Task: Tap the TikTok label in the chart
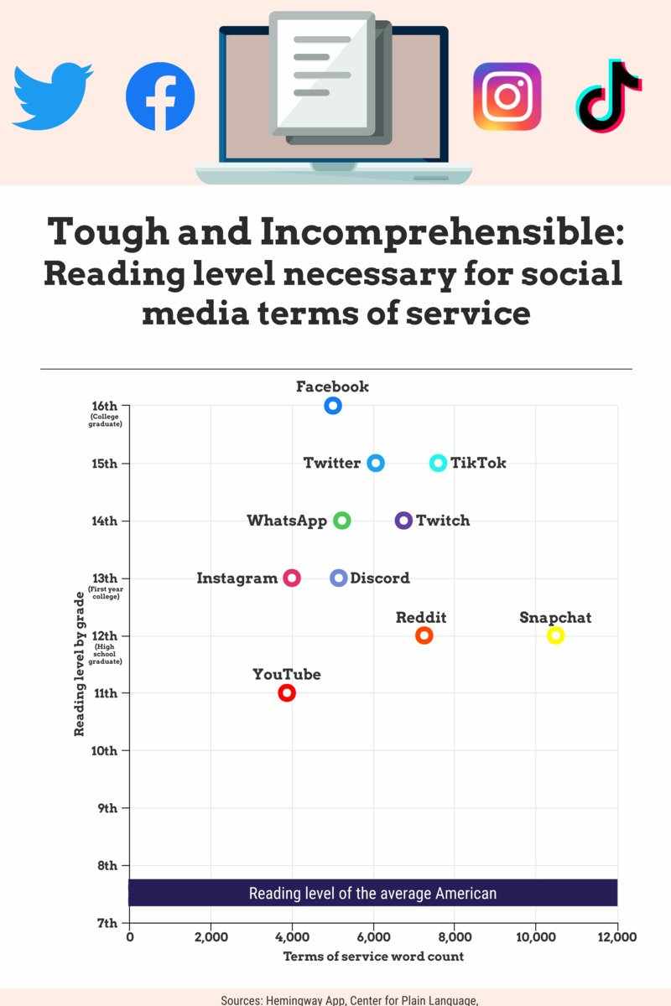tap(478, 463)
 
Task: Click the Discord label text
tap(380, 578)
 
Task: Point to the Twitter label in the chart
tap(331, 463)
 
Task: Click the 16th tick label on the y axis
tap(104, 406)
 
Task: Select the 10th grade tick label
tap(104, 750)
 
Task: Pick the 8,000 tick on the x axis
tap(454, 937)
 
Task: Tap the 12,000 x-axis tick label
tap(616, 937)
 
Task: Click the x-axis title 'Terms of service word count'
tap(373, 957)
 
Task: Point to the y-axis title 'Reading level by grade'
tap(79, 664)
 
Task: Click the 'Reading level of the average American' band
tap(373, 893)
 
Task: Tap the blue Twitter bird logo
tap(53, 96)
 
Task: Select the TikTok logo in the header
tap(609, 96)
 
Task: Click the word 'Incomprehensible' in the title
tap(442, 231)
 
